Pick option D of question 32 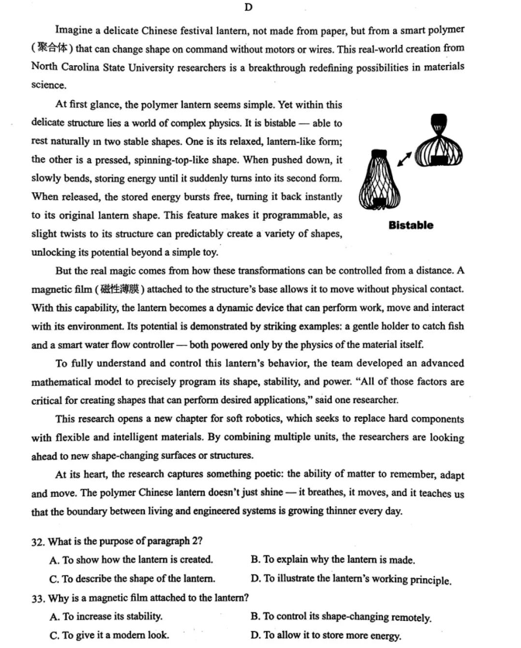click(x=351, y=579)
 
